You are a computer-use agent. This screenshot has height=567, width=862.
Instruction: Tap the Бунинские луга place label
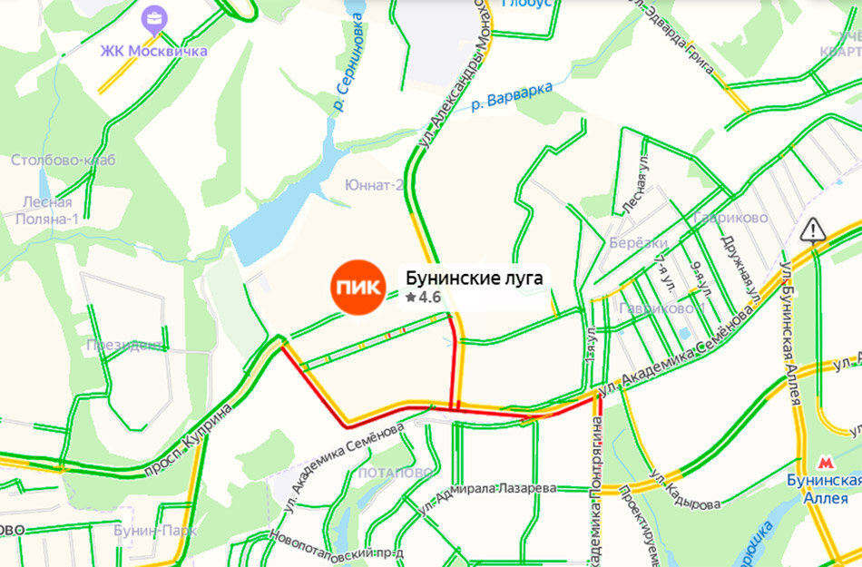(474, 278)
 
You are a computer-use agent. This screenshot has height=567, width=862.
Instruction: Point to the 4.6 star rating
(423, 297)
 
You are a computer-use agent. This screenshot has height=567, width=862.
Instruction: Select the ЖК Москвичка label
(153, 51)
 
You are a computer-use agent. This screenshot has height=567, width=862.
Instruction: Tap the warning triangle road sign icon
(814, 229)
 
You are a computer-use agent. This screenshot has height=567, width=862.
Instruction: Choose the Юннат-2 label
(374, 185)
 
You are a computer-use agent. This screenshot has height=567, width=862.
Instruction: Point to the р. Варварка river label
(512, 99)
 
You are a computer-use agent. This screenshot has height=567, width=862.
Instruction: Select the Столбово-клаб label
(64, 161)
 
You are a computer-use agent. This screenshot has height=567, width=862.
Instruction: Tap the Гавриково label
(729, 218)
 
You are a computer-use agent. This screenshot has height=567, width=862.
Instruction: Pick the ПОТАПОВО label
(395, 472)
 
